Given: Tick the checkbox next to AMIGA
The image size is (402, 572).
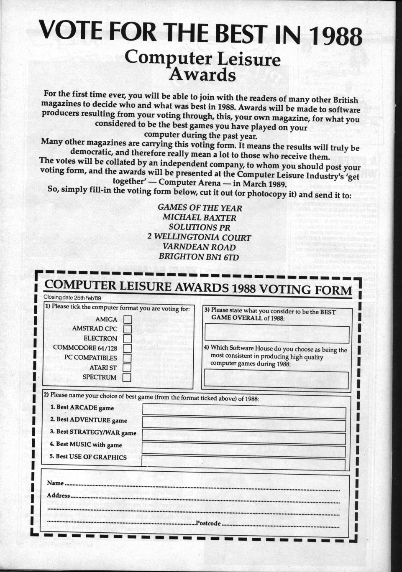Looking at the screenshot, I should [127, 319].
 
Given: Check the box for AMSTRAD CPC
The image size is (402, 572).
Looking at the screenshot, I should [127, 329].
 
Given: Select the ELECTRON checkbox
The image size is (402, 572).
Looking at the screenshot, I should [127, 338].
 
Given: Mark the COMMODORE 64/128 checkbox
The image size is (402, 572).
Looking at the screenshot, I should [127, 348].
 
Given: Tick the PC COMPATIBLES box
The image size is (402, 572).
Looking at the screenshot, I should [127, 358].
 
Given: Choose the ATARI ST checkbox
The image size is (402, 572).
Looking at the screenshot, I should [127, 368].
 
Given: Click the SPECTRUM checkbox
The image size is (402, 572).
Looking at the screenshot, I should [126, 377].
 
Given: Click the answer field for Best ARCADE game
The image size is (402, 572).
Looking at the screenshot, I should [244, 412].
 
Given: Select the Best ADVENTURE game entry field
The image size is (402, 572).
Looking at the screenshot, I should [244, 425].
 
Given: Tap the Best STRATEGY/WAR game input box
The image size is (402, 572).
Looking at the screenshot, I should [244, 438].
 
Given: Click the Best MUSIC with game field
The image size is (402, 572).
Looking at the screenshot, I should [244, 451].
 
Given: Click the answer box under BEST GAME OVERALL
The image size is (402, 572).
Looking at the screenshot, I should [277, 334].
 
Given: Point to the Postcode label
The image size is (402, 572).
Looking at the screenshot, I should [208, 523].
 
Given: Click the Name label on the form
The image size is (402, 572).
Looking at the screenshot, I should [55, 483].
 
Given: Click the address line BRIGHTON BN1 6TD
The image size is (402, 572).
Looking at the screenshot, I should [199, 257].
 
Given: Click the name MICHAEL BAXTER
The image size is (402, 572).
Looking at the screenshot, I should [199, 218].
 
